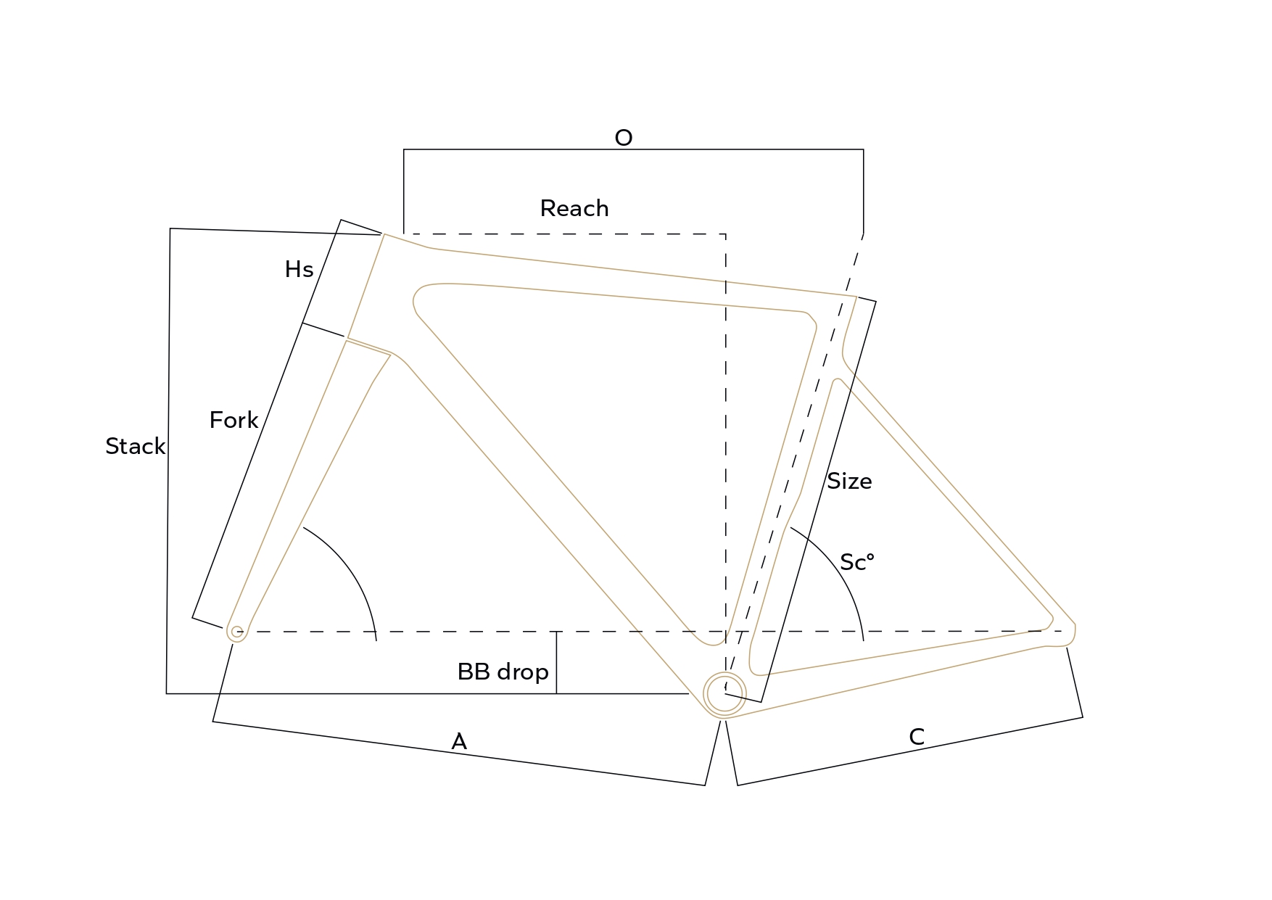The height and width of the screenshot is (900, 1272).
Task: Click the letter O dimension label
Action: coord(624,138)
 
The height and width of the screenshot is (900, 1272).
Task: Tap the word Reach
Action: coord(574,209)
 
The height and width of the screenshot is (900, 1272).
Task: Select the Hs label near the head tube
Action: coord(299,270)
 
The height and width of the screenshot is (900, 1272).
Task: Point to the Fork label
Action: coord(234,420)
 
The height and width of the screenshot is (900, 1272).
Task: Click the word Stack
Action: coord(136,446)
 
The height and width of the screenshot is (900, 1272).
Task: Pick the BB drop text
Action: coord(503,672)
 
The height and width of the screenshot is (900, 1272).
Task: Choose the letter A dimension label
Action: coord(459,741)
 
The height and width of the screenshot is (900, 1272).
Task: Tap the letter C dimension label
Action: coord(917,737)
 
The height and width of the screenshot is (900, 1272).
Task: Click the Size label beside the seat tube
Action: coord(849,481)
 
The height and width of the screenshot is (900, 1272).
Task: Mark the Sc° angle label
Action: coord(857,562)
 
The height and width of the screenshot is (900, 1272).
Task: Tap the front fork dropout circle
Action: coord(237,632)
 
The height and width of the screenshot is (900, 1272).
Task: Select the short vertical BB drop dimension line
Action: coord(556,662)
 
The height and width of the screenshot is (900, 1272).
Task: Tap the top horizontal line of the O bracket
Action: coord(633,149)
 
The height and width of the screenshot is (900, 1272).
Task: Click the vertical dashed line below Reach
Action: coord(726,450)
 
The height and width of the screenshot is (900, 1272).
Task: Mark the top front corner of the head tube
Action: coord(384,234)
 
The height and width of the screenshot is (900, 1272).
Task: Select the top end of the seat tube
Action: coord(857,297)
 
